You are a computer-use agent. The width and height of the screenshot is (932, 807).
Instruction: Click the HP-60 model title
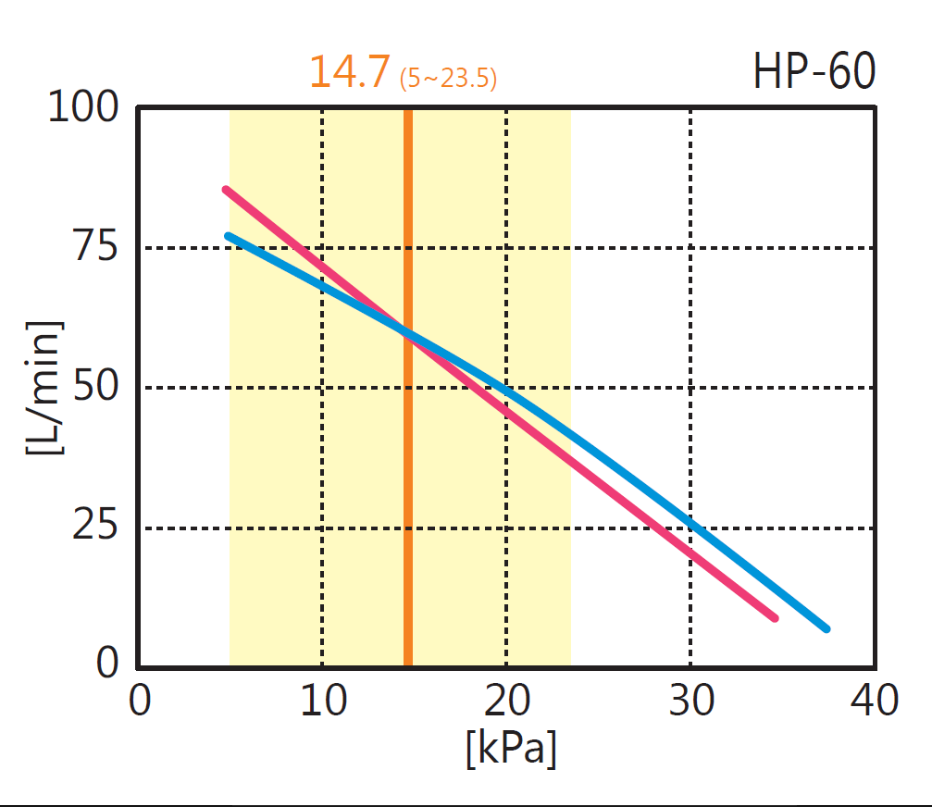(x=814, y=72)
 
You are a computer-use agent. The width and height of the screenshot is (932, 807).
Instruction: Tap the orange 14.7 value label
(x=350, y=72)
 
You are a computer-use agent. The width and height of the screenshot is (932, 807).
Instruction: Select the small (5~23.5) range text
(x=448, y=79)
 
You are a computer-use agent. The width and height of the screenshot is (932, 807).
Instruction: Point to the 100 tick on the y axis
(x=83, y=108)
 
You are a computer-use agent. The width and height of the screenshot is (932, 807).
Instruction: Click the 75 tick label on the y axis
(x=96, y=248)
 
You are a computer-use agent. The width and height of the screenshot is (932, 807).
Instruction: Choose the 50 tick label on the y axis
(x=96, y=387)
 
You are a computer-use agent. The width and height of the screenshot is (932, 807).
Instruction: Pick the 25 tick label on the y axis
(x=96, y=528)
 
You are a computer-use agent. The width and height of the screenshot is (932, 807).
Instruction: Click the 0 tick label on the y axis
(x=109, y=663)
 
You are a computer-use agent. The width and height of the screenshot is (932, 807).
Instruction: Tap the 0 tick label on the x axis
(x=139, y=701)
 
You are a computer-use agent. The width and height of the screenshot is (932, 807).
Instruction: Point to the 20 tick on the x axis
(x=507, y=701)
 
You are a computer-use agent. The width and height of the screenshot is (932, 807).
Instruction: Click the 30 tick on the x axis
(x=691, y=701)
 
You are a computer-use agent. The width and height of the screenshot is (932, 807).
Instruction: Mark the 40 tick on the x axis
(x=875, y=701)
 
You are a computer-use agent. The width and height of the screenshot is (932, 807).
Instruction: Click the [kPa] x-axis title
(x=511, y=749)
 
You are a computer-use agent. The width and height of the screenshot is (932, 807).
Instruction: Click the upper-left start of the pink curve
(x=227, y=190)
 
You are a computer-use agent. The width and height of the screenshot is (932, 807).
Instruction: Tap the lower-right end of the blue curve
(x=826, y=628)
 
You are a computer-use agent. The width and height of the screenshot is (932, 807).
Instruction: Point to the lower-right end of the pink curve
(x=774, y=617)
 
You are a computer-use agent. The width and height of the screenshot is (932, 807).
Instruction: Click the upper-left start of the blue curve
(x=229, y=235)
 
